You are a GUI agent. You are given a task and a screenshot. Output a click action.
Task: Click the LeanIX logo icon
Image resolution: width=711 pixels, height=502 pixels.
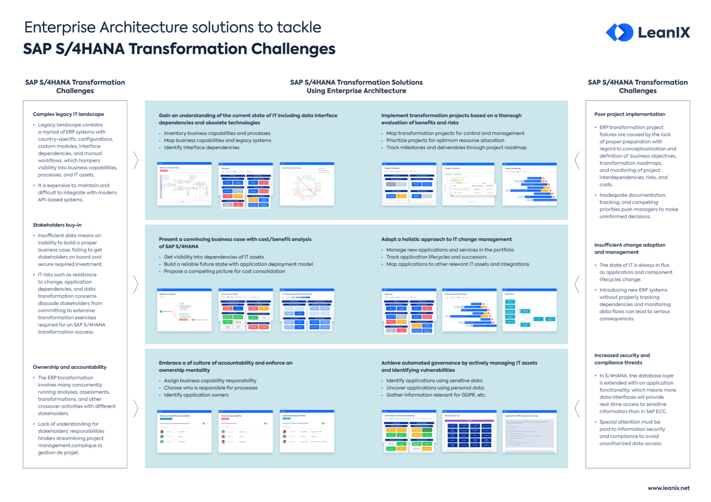[619, 33]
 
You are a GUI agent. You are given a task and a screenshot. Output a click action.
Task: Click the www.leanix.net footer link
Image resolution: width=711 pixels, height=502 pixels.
[668, 488]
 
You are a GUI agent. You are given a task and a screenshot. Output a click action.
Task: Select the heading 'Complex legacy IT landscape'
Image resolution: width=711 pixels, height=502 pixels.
[68, 114]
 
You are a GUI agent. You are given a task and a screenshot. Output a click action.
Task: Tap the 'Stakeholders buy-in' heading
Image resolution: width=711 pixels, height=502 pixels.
[57, 225]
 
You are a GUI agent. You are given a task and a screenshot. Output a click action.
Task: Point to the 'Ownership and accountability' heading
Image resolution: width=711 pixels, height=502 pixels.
[70, 367]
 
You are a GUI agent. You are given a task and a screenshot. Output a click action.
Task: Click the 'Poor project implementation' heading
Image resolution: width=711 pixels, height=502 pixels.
[629, 114]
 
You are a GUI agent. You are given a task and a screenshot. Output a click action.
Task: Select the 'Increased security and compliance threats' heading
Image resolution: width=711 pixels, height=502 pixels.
[622, 359]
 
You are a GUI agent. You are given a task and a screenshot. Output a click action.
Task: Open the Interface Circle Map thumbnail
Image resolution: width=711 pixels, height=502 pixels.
[307, 184]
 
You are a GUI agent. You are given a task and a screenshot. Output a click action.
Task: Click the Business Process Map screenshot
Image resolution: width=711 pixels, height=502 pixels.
[184, 184]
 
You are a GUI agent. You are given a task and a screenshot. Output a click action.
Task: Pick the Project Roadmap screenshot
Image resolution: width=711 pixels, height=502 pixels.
[529, 184]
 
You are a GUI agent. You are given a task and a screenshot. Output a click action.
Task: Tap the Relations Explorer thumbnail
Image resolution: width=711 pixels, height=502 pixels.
[184, 310]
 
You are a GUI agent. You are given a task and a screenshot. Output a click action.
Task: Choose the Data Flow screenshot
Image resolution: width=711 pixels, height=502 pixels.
[529, 310]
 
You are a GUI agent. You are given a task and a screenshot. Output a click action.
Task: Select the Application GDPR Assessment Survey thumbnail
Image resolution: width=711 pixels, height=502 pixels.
[529, 431]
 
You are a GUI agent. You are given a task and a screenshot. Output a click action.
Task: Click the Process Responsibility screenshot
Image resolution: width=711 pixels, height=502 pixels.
[246, 431]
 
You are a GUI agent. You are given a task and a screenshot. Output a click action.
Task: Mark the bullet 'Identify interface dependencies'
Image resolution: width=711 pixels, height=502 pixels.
[201, 148]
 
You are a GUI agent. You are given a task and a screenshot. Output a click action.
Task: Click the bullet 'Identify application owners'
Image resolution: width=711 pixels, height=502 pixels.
[196, 395]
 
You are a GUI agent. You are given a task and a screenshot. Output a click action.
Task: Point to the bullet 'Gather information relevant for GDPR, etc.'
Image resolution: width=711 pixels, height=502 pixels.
[436, 395]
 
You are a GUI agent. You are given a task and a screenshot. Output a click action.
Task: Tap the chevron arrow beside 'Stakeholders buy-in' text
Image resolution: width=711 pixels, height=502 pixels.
[136, 284]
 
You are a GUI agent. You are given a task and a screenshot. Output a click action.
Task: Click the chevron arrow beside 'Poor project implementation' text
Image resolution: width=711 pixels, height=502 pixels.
[577, 160]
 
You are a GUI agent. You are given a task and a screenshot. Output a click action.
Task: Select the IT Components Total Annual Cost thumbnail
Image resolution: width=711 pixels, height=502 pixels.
[307, 310]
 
